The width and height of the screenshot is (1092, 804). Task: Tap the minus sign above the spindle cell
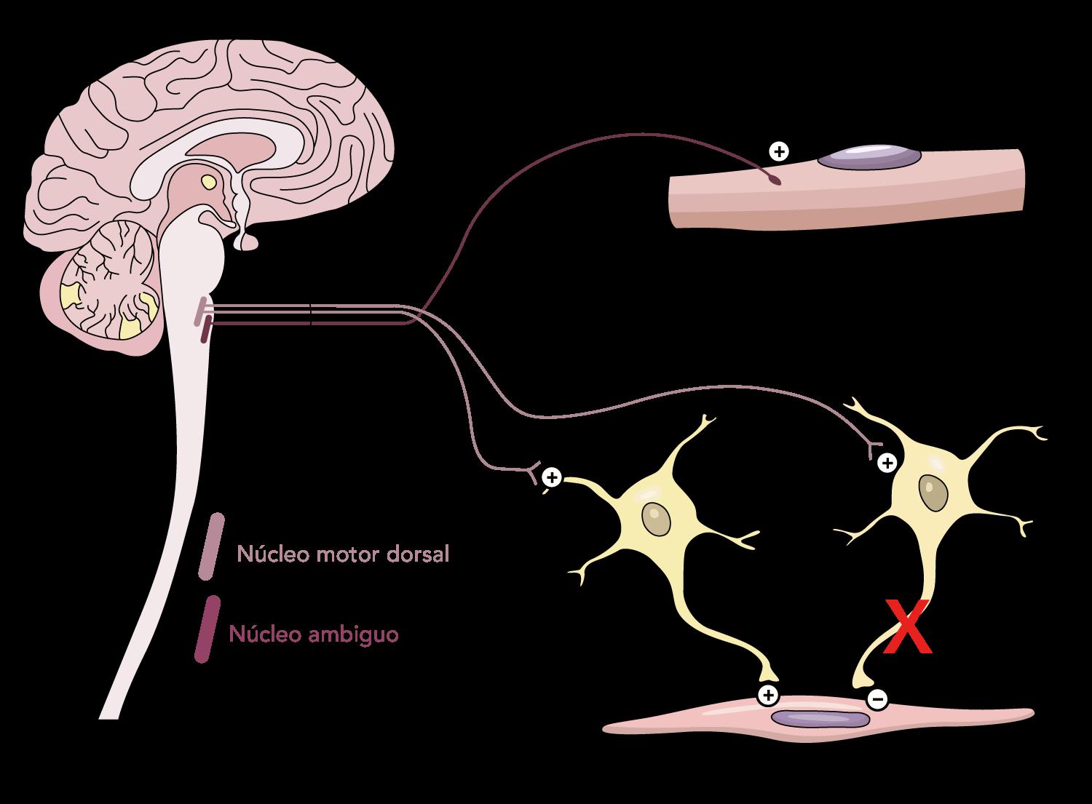click(877, 700)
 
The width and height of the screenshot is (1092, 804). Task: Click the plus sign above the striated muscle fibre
click(779, 151)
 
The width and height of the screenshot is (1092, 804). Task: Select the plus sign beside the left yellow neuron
click(553, 477)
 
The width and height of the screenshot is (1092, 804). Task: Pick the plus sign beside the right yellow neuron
click(887, 462)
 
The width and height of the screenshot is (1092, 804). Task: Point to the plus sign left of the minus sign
click(767, 695)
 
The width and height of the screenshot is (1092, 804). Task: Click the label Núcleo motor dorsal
click(343, 554)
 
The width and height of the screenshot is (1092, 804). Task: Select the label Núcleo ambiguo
click(314, 634)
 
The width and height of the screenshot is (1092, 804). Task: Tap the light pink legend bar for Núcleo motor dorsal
click(210, 546)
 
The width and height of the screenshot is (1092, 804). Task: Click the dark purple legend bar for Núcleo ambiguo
click(206, 629)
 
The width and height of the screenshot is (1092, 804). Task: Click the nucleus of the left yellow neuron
click(656, 520)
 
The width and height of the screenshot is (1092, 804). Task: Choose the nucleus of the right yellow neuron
click(933, 493)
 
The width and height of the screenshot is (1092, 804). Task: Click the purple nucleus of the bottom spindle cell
click(820, 719)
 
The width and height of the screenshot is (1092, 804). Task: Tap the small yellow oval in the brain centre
click(209, 181)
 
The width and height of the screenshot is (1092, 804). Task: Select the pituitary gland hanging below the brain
click(246, 242)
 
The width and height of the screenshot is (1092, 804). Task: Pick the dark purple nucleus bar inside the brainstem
click(207, 329)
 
